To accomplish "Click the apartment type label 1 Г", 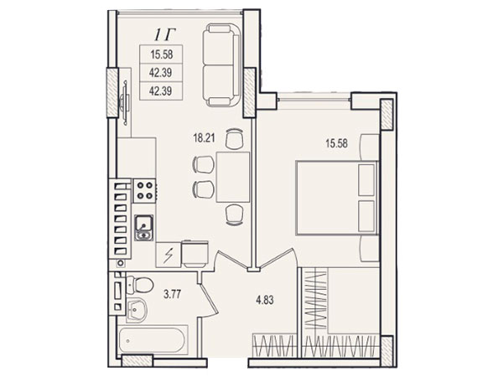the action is (x=165, y=35).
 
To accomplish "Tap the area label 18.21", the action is (x=204, y=138).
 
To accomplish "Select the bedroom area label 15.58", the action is (x=336, y=143).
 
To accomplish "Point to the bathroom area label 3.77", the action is (x=172, y=294).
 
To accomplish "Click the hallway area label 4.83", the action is (x=265, y=300).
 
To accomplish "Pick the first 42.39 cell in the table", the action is (x=161, y=73).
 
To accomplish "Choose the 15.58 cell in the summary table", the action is (x=162, y=54).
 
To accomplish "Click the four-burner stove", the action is (x=145, y=191).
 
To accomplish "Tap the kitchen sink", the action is (x=144, y=227).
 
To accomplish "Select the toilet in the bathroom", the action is (x=140, y=284).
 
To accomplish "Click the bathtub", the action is (x=153, y=341).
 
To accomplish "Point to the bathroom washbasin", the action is (x=137, y=310).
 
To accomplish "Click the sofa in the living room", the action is (x=222, y=65).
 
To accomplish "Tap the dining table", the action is (x=233, y=178).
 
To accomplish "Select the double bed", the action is (x=337, y=198).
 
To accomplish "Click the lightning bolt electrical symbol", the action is (x=168, y=256).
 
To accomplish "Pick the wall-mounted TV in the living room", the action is (x=124, y=102).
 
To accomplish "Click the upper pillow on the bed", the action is (x=366, y=180).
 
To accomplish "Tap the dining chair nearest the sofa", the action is (x=234, y=138).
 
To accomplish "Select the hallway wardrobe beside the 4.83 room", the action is (x=273, y=345).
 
